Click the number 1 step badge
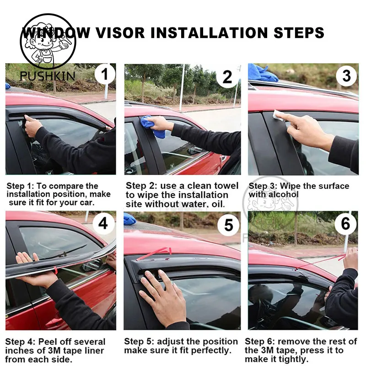(x=105, y=74)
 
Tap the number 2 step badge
(x=227, y=76)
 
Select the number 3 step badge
(x=346, y=75)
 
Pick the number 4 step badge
(x=103, y=223)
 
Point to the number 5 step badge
(x=228, y=225)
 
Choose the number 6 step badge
(x=345, y=224)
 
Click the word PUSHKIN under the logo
(x=48, y=76)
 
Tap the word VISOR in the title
(x=120, y=32)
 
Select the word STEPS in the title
(x=299, y=32)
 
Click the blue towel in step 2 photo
(x=150, y=122)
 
